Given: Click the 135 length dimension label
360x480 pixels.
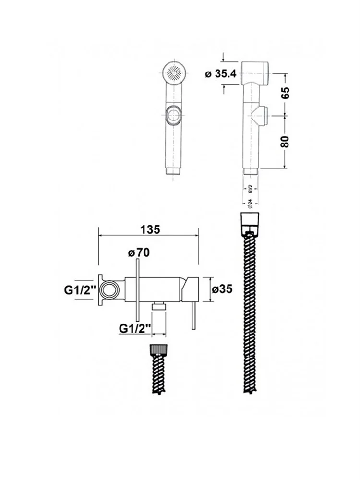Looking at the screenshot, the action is [150, 229].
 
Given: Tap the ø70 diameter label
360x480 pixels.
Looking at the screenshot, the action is [139, 253].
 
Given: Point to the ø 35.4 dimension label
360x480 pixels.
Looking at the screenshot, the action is [221, 74].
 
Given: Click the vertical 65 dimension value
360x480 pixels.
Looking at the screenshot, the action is [285, 93].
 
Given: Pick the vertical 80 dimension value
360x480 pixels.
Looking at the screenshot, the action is [285, 141].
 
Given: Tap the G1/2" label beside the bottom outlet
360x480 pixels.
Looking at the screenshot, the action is [135, 328].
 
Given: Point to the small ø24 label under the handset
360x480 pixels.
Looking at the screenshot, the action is [250, 203].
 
